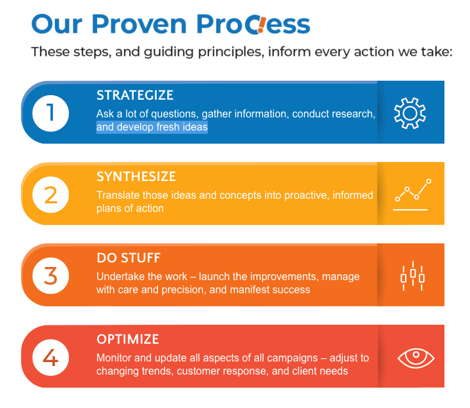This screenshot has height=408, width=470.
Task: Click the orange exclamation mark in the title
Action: click(x=262, y=25)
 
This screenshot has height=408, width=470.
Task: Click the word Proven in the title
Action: click(x=140, y=24)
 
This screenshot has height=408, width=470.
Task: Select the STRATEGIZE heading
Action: click(x=135, y=95)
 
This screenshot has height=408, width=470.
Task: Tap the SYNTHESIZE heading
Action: click(x=136, y=176)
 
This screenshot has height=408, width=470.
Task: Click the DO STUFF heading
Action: click(x=128, y=258)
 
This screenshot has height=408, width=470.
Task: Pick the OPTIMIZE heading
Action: click(x=128, y=339)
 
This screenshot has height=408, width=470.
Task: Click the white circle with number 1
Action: click(x=50, y=113)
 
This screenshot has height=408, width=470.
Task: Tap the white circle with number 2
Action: click(x=50, y=195)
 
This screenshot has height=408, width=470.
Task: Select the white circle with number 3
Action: click(x=50, y=276)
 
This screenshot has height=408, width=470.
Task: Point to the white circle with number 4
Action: click(x=50, y=357)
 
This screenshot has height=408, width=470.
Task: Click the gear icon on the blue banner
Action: click(x=410, y=113)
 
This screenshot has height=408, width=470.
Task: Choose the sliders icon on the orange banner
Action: click(x=413, y=276)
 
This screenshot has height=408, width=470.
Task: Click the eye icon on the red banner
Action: click(x=416, y=358)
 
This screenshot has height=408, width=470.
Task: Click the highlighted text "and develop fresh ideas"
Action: click(x=152, y=127)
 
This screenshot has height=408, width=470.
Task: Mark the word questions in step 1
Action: click(x=174, y=114)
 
